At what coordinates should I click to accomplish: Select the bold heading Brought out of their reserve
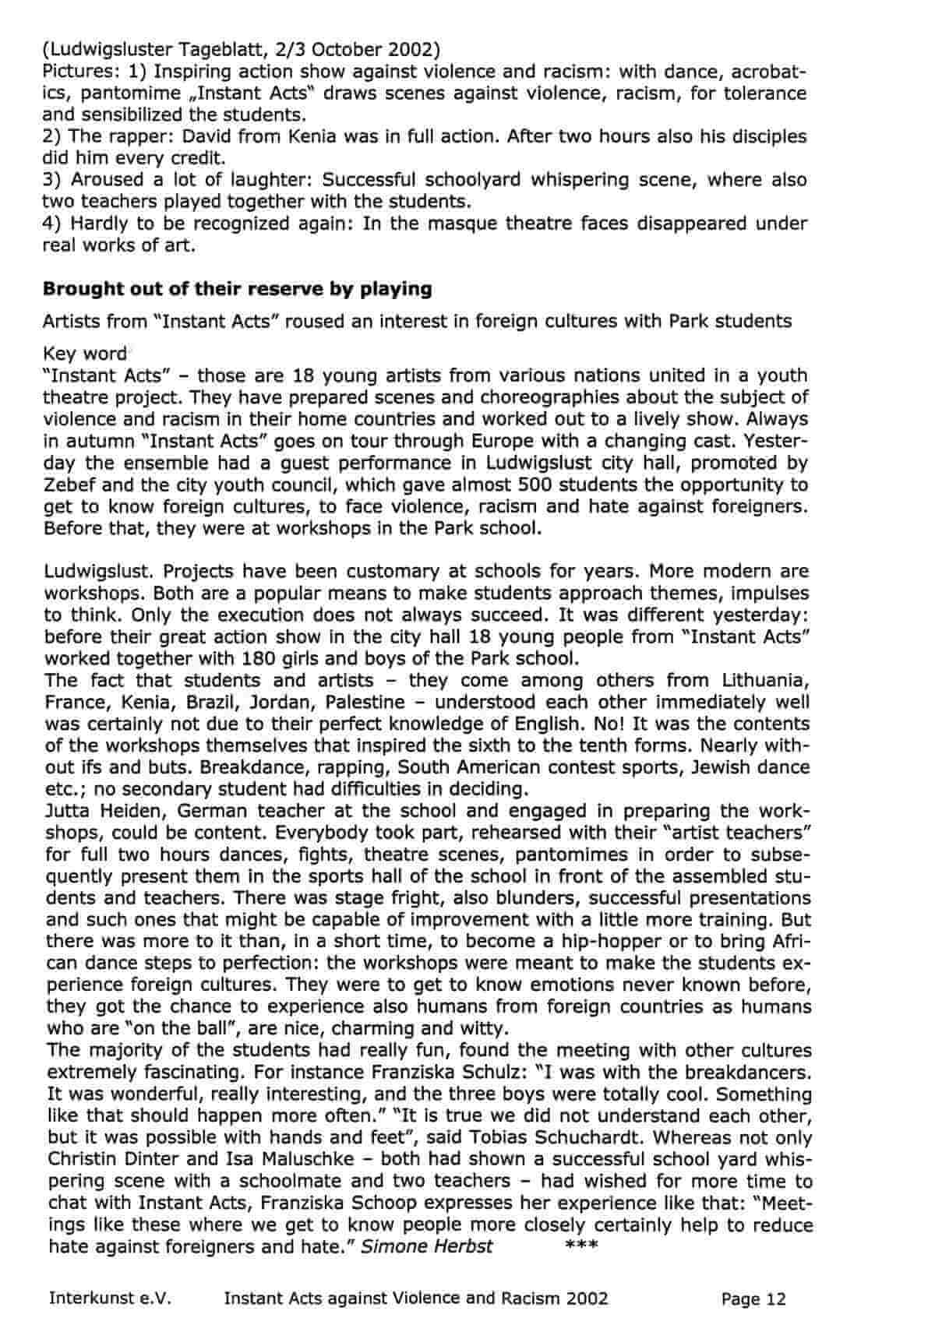(237, 289)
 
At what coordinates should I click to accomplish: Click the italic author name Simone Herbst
(427, 1246)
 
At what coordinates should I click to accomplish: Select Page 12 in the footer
(753, 1298)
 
